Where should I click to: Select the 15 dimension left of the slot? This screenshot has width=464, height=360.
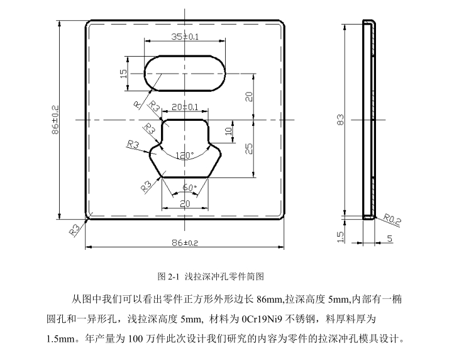(x=124, y=72)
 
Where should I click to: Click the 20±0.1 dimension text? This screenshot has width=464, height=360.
(x=185, y=107)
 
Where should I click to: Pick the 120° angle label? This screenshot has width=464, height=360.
(x=184, y=154)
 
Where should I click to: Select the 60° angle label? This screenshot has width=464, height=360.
(x=190, y=188)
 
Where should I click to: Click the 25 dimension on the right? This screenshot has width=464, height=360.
(x=249, y=148)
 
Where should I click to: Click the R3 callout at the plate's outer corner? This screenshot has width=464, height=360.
(x=75, y=230)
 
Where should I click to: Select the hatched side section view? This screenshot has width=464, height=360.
(x=370, y=120)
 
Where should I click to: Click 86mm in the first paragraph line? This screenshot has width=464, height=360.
(x=270, y=298)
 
